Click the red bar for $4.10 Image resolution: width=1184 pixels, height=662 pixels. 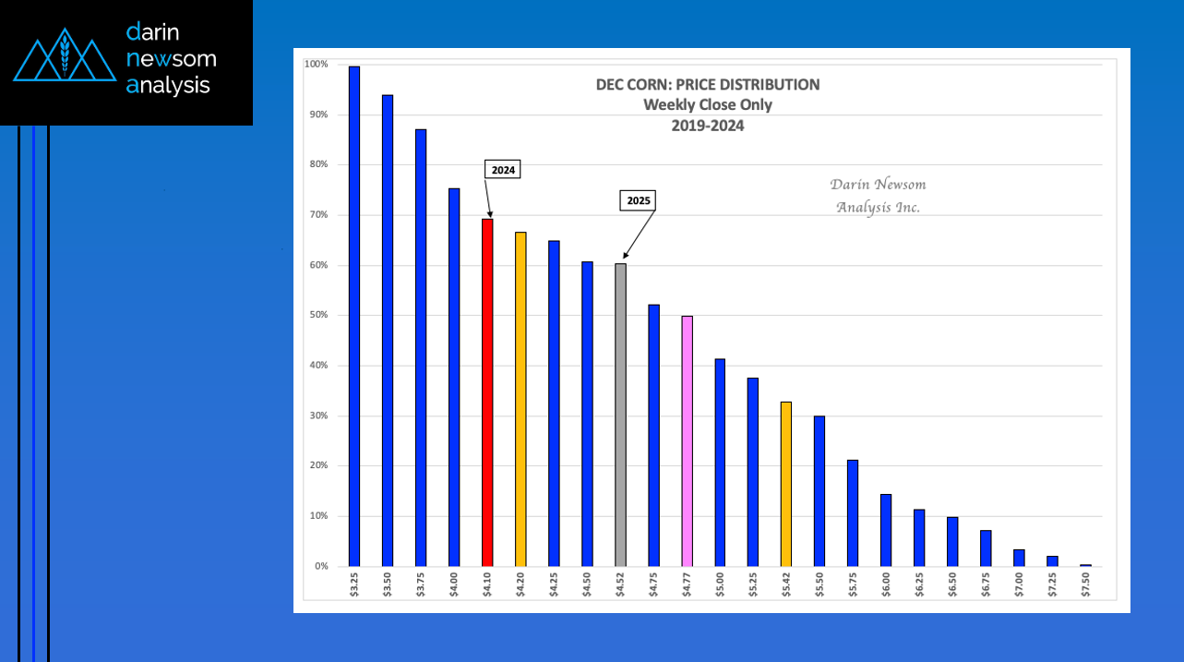coord(487,392)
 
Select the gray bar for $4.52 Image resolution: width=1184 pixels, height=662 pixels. coord(620,415)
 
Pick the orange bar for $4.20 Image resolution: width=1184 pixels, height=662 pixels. coord(520,399)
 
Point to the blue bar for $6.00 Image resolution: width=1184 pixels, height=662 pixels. coord(886,530)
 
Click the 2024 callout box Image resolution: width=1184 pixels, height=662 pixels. coord(503,170)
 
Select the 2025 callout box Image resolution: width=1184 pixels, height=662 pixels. coord(636,199)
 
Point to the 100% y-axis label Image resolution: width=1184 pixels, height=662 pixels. coord(316,65)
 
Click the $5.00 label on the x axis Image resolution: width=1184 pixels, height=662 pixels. coord(720,587)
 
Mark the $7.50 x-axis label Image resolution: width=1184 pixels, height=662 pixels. coord(1085,587)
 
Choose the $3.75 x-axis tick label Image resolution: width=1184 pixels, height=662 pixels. coord(421,587)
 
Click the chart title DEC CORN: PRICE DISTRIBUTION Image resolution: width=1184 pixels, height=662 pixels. coord(708,85)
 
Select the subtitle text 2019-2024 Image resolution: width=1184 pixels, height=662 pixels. coord(708,126)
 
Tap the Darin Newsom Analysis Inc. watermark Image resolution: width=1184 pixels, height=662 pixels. coord(878,196)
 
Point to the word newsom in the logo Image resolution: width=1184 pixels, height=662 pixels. coord(172,59)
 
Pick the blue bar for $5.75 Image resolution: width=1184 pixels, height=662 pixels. coord(853,512)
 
